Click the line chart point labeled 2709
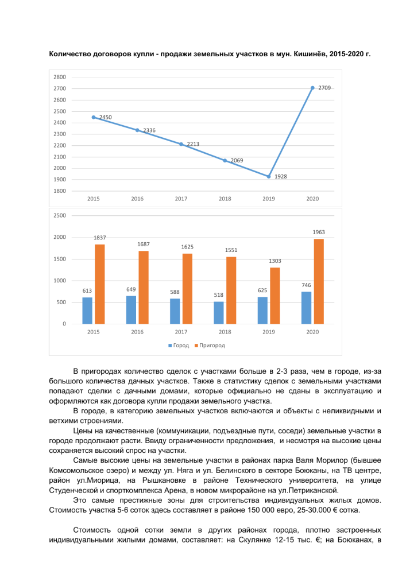(x=312, y=88)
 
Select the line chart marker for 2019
(x=269, y=176)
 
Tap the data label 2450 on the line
(x=105, y=117)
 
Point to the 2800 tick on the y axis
(x=59, y=77)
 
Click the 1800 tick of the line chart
(x=59, y=191)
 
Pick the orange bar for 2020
(x=319, y=281)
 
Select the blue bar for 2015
(x=87, y=311)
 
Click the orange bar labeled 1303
(x=275, y=296)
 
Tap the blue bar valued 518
(x=219, y=313)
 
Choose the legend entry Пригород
(x=212, y=346)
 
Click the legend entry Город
(x=181, y=346)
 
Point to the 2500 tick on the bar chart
(x=59, y=215)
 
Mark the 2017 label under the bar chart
(x=181, y=332)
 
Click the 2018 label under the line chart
(x=225, y=199)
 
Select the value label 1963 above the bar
(x=319, y=232)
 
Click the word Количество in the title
(x=70, y=55)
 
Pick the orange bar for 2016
(x=144, y=287)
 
